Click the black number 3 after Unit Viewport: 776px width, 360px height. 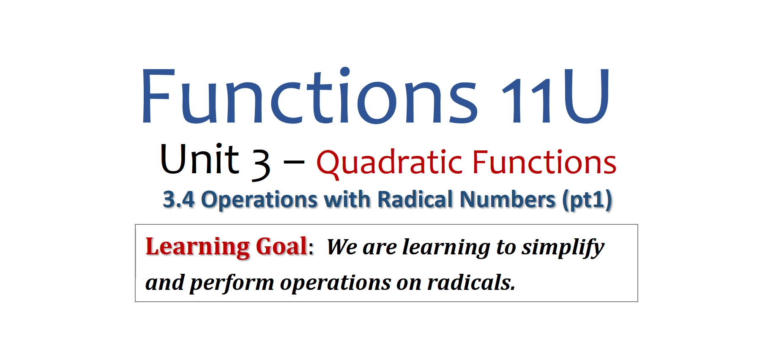point(261,165)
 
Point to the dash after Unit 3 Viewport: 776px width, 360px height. point(294,162)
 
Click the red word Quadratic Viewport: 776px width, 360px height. point(389,163)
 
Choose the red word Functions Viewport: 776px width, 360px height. point(544,162)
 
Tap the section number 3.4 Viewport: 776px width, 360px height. point(179,199)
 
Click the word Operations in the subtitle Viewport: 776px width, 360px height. point(259,199)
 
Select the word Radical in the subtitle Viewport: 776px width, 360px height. point(415,199)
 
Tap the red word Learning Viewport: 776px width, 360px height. point(197,247)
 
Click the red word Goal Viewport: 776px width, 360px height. point(281,246)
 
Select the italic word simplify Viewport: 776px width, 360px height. point(563,248)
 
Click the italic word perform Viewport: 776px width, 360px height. point(232,283)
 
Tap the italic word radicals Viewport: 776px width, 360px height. point(471,282)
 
